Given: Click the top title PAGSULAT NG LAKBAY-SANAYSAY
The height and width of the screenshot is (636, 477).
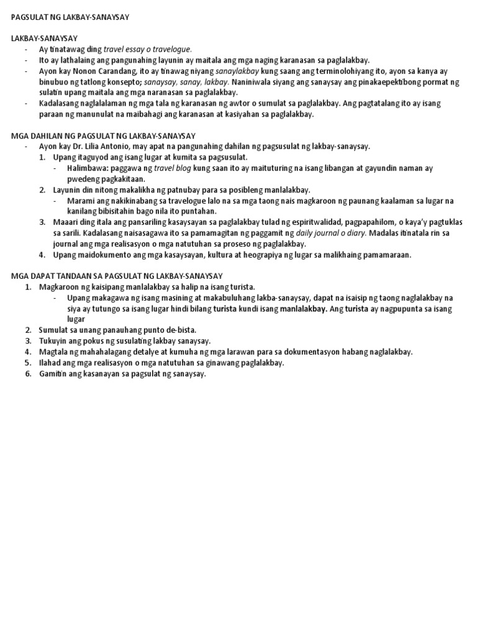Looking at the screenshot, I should (70, 17).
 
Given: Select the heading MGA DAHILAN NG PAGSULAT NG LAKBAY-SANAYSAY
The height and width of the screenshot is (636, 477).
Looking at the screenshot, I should (104, 136).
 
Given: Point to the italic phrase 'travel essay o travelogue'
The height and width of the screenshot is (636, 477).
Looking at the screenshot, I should (148, 49).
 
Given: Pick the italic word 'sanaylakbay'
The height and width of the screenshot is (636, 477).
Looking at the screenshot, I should (220, 71).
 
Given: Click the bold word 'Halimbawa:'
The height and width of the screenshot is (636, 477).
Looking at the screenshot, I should (88, 168).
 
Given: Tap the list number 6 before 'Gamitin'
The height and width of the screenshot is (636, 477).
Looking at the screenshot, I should (28, 374).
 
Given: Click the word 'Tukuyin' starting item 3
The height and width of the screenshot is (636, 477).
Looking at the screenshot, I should (53, 341).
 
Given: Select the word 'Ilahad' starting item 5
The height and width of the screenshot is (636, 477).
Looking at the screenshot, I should (50, 363).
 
